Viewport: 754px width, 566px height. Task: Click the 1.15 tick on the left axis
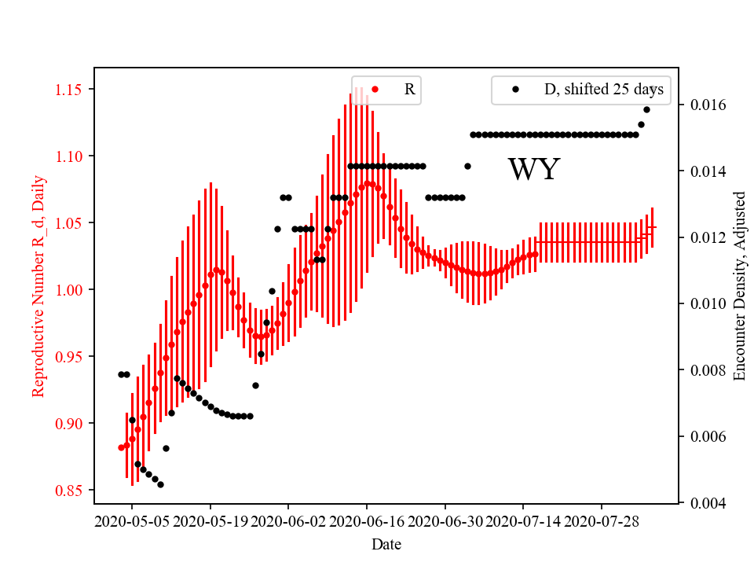[x=70, y=90]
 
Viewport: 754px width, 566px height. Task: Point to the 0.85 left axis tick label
[x=70, y=491]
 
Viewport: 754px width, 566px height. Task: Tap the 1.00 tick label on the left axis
[x=70, y=290]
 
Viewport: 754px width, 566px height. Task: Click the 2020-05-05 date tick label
[x=133, y=521]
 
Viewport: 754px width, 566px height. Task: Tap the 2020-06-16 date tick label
[x=367, y=521]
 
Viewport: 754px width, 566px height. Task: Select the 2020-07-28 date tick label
[x=602, y=521]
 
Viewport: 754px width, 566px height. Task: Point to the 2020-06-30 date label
[x=445, y=521]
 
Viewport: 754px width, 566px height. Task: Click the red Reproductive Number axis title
[x=38, y=286]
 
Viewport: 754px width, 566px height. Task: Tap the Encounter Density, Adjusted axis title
[x=739, y=286]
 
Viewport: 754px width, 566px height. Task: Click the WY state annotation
[x=533, y=170]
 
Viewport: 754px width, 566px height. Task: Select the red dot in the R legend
[x=375, y=90]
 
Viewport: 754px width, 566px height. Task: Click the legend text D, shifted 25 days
[x=603, y=90]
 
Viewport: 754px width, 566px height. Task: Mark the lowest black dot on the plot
[x=160, y=484]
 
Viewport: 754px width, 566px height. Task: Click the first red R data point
[x=121, y=447]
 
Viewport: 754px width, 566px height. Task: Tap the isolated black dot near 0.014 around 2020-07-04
[x=467, y=166]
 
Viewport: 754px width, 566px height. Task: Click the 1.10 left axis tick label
[x=70, y=156]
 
